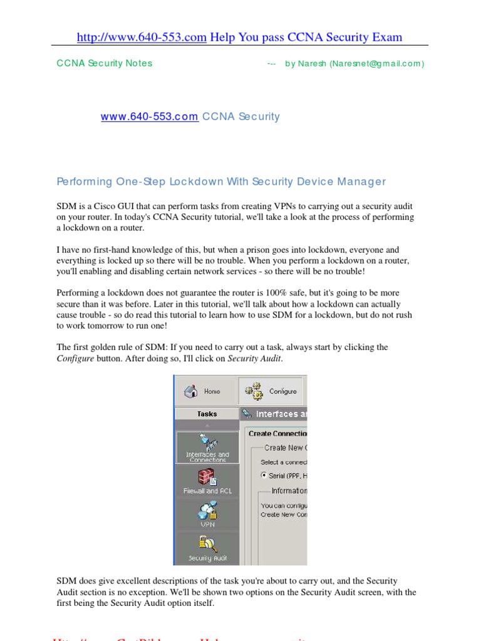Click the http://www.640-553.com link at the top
point(141,38)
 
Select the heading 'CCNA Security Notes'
point(104,63)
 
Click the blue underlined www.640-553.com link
point(150,116)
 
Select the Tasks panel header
point(207,414)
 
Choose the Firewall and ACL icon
point(207,481)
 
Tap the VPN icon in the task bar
point(207,515)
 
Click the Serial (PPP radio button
point(263,476)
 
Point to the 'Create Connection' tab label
point(277,433)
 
